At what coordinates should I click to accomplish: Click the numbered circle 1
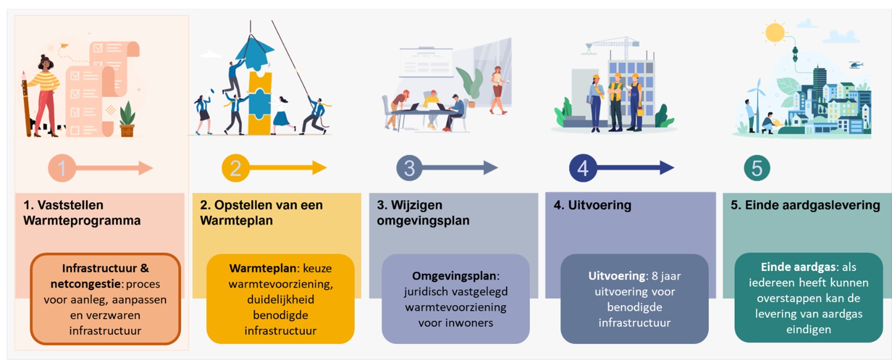tap(62, 168)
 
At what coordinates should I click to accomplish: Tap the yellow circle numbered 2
tap(235, 168)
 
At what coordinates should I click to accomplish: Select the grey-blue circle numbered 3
tap(409, 168)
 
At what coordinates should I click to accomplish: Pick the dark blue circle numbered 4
tap(583, 168)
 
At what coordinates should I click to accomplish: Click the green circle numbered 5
tap(757, 168)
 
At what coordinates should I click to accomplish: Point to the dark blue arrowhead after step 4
tap(667, 168)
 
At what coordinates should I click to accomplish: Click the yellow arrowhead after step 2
tap(319, 168)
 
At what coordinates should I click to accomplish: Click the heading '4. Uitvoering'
tap(593, 205)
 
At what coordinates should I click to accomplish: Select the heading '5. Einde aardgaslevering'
tap(805, 205)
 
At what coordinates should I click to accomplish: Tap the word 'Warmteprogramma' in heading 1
tap(82, 221)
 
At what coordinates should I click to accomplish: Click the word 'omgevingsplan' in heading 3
tap(423, 221)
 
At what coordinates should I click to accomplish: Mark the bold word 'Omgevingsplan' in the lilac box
tap(454, 276)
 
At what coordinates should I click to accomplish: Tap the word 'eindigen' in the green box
tap(808, 329)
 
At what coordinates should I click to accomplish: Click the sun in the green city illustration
tap(774, 32)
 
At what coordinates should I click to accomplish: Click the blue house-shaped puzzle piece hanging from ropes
tap(253, 52)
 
